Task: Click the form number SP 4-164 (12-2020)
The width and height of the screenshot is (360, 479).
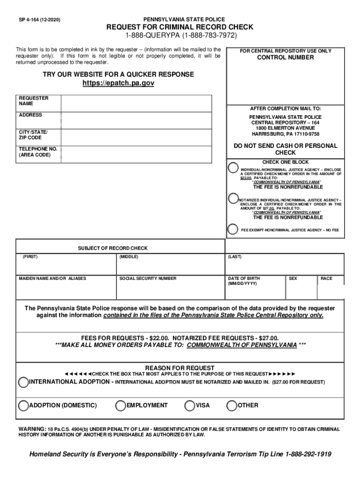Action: (x=39, y=20)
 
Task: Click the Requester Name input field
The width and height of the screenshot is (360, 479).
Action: (x=143, y=103)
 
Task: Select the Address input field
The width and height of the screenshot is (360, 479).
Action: (x=143, y=120)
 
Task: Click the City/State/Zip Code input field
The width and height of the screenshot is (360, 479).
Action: (x=143, y=137)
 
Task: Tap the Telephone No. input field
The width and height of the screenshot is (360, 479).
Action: (x=143, y=154)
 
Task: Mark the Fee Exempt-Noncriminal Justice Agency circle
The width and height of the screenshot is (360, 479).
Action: (x=232, y=229)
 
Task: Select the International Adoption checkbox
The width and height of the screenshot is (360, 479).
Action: (x=23, y=382)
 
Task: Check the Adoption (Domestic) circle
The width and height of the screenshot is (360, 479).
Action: (x=23, y=405)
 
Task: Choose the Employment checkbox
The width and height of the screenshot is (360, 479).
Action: (x=121, y=405)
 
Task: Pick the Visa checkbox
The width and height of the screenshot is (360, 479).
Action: (x=190, y=405)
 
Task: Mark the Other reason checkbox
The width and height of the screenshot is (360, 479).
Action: (x=232, y=405)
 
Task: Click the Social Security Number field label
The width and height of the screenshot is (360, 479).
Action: (x=148, y=278)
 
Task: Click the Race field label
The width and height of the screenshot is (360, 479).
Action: (x=326, y=278)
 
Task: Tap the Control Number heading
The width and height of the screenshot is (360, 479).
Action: (x=285, y=58)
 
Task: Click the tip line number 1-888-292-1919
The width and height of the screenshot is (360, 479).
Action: (x=308, y=454)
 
